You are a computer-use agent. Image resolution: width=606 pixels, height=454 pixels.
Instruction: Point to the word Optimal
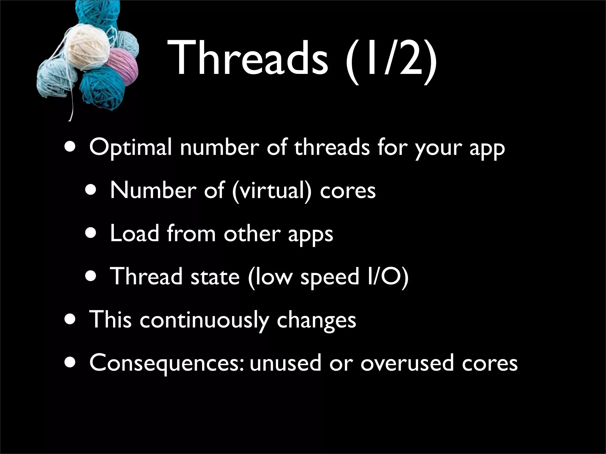pyautogui.click(x=130, y=148)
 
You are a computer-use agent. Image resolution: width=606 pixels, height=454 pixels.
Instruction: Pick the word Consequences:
pyautogui.click(x=167, y=363)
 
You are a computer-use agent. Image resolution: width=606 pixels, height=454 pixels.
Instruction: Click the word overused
pyautogui.click(x=407, y=363)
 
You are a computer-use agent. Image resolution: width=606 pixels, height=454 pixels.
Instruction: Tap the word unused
pyautogui.click(x=285, y=363)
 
